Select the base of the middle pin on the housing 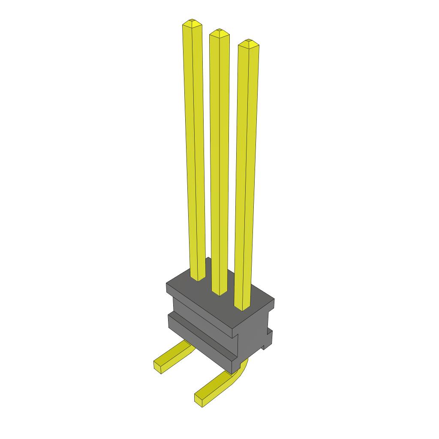point(219,292)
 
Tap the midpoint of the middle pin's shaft point(219,163)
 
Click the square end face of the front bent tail point(199,400)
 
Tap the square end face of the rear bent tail point(158,365)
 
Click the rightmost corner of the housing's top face point(274,300)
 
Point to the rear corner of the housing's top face point(208,259)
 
